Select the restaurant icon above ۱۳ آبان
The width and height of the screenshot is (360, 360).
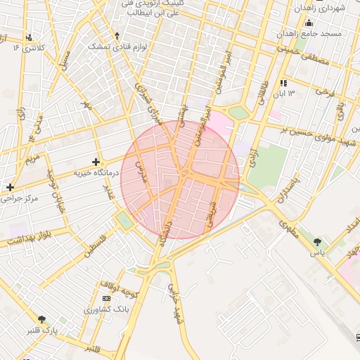click(284, 83)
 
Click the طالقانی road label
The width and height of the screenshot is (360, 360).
click(264, 94)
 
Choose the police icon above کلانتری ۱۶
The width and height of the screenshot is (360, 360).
click(28, 37)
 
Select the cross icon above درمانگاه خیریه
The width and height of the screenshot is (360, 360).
click(96, 162)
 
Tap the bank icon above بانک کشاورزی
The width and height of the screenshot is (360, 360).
click(106, 298)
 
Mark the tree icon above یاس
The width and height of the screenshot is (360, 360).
click(320, 241)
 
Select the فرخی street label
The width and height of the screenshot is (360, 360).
click(323, 92)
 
